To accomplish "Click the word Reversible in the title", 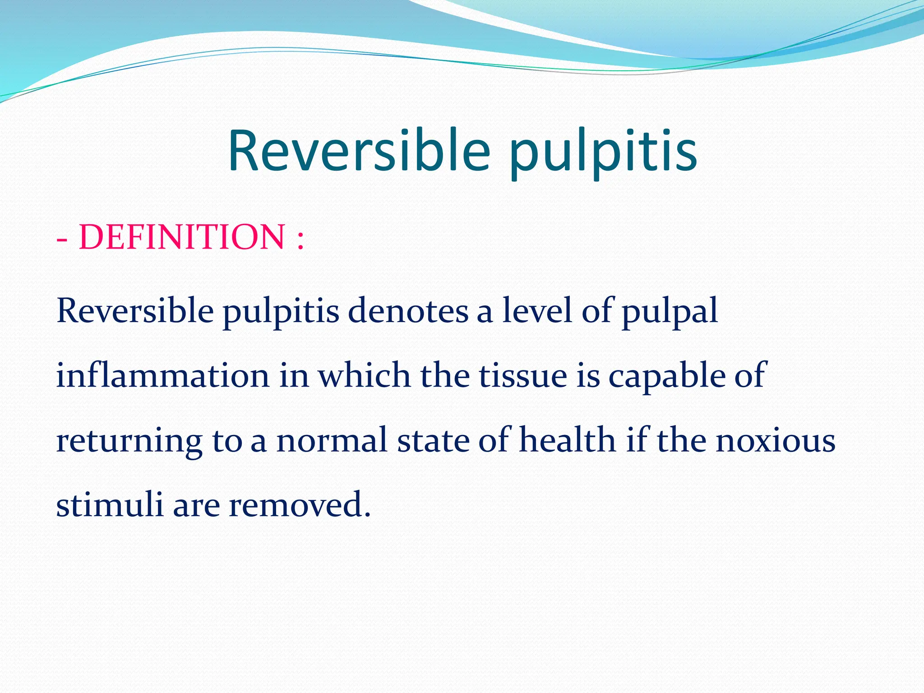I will point(359,151).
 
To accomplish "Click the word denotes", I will point(408,311).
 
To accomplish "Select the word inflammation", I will point(163,376).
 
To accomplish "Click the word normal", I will point(332,440).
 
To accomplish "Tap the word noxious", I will point(776,441).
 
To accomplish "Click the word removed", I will point(296,504).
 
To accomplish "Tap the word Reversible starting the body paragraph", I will point(135,311).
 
